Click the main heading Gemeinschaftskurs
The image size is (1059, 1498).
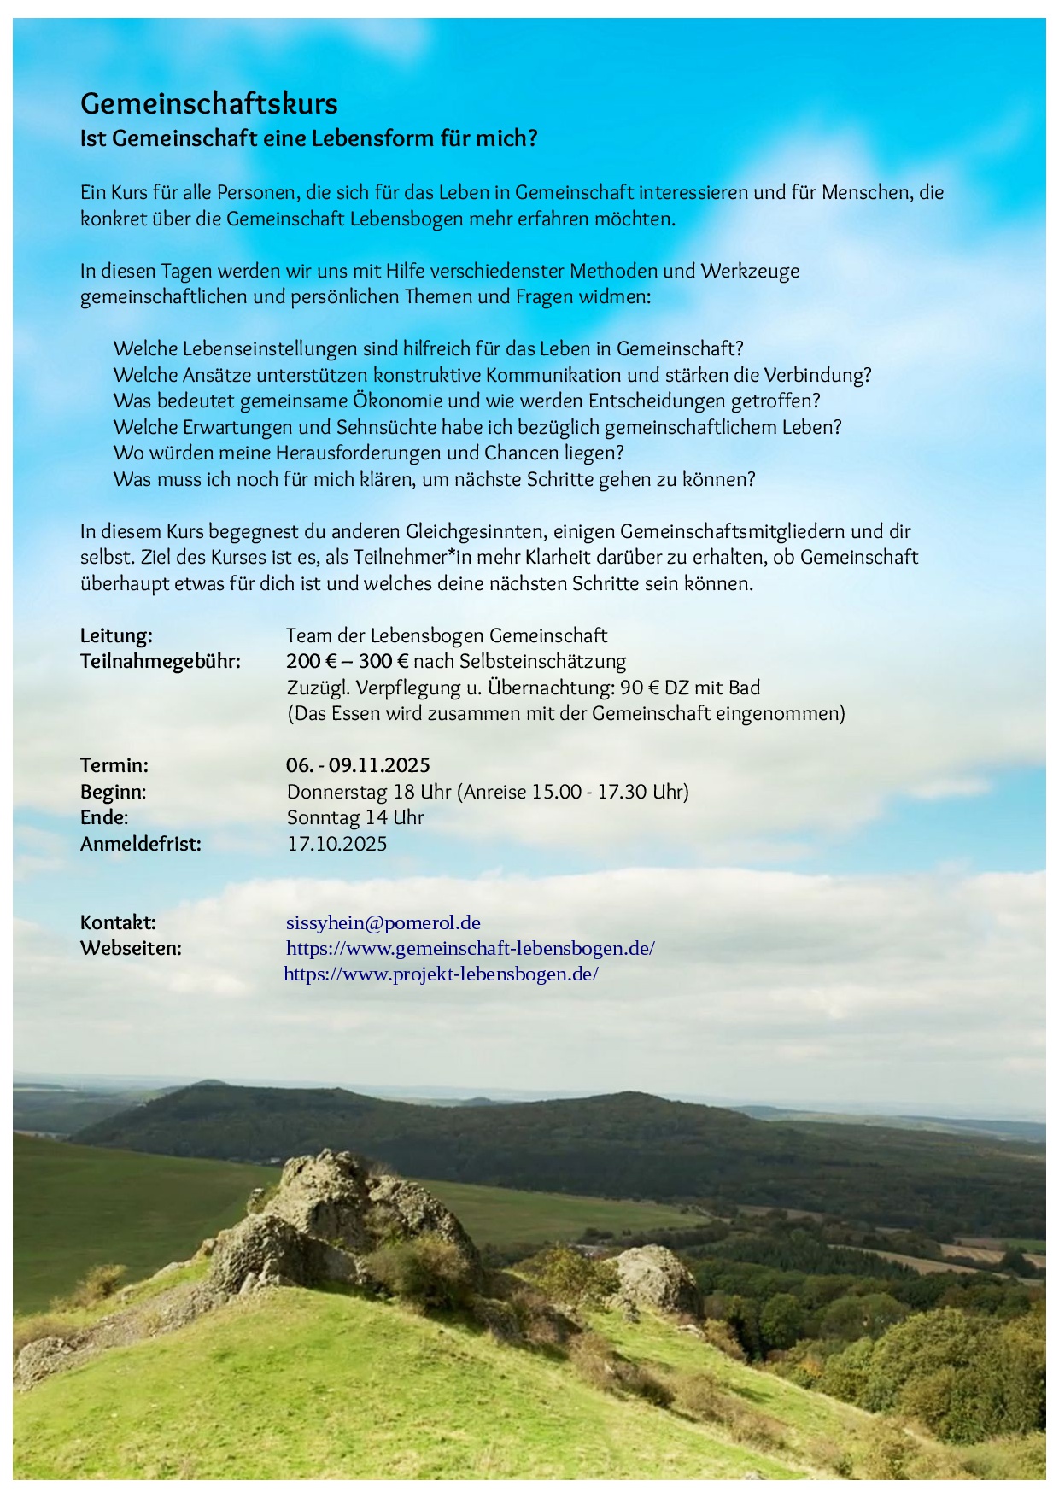(209, 104)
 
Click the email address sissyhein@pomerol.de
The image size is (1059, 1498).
(383, 922)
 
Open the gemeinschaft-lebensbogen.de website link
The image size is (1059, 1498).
(471, 948)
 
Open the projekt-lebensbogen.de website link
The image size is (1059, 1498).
(441, 974)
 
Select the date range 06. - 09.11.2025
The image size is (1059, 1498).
(358, 765)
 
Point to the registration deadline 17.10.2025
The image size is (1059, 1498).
(337, 844)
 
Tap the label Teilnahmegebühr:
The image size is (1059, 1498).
(161, 661)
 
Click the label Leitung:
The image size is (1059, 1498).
(116, 635)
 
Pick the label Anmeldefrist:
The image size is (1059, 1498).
(141, 844)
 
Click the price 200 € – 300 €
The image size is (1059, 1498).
(348, 661)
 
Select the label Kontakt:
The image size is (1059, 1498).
(118, 922)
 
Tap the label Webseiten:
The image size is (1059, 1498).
(131, 948)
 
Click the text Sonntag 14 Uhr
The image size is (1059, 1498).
(355, 817)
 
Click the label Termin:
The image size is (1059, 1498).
(114, 765)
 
